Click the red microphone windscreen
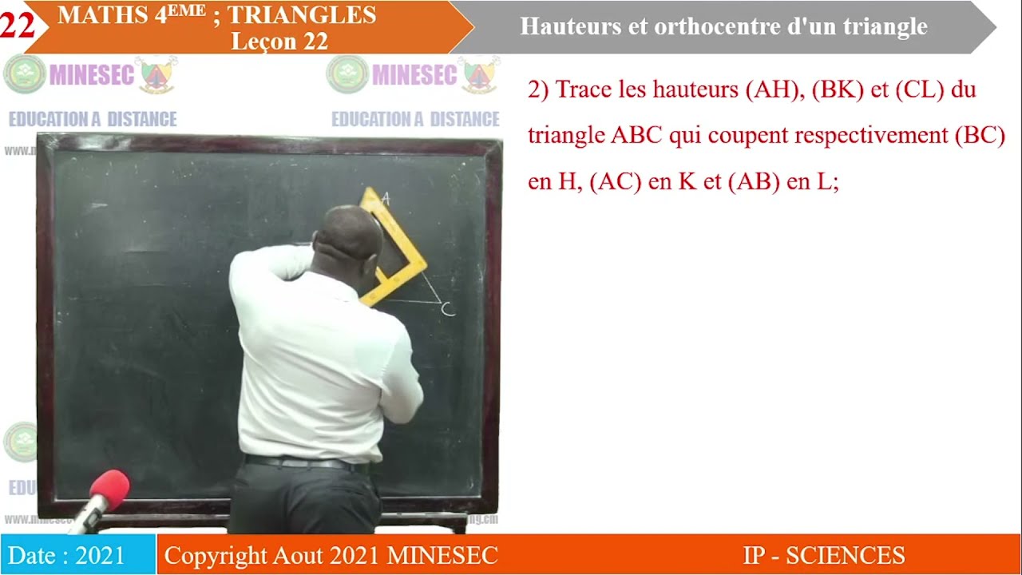coord(109,486)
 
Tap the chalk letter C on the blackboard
coord(448,309)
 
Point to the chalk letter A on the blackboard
coord(386,199)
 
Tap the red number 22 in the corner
coord(17,26)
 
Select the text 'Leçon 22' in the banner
coord(279,42)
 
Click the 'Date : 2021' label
coord(67,556)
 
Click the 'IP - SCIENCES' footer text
coord(823,556)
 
